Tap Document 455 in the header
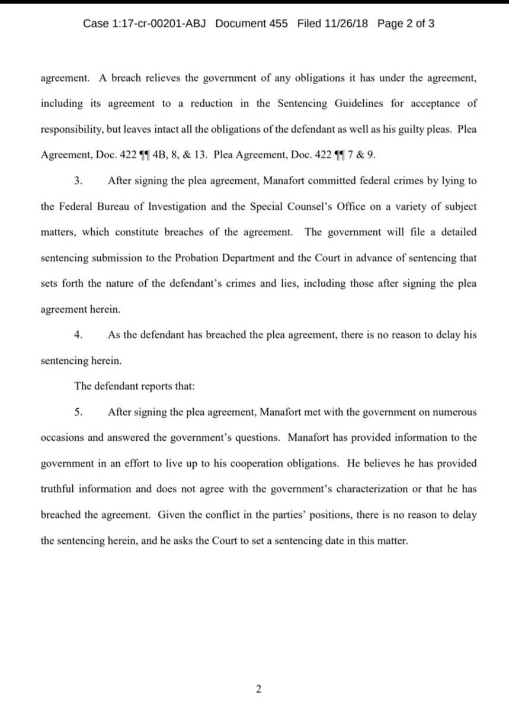(x=252, y=24)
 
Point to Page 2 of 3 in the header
(x=406, y=24)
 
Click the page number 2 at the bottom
(x=258, y=689)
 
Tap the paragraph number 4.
(x=78, y=335)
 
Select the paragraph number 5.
(x=78, y=411)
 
